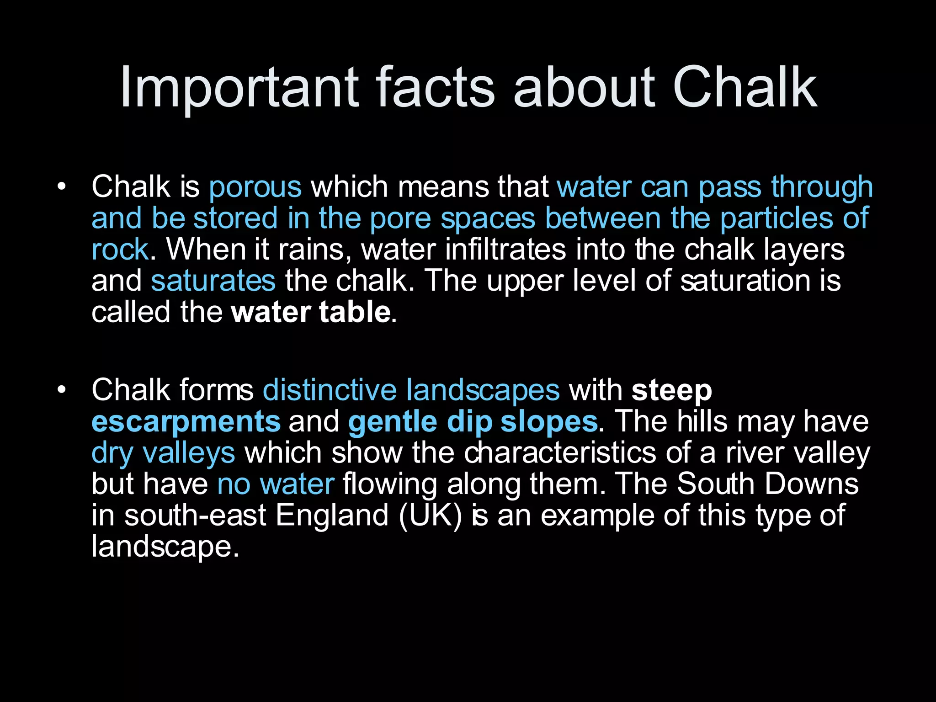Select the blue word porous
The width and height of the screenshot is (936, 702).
click(x=255, y=187)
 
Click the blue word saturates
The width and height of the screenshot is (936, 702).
click(x=213, y=281)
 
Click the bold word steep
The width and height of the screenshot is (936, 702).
click(x=671, y=391)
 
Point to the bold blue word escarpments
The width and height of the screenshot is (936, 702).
click(x=186, y=422)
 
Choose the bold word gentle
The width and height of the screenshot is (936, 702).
click(x=392, y=422)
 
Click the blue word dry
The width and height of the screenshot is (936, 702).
click(x=112, y=453)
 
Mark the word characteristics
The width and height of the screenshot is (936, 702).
click(x=560, y=452)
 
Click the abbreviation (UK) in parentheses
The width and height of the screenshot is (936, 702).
click(x=430, y=516)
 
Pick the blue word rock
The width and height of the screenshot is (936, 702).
click(x=120, y=250)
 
